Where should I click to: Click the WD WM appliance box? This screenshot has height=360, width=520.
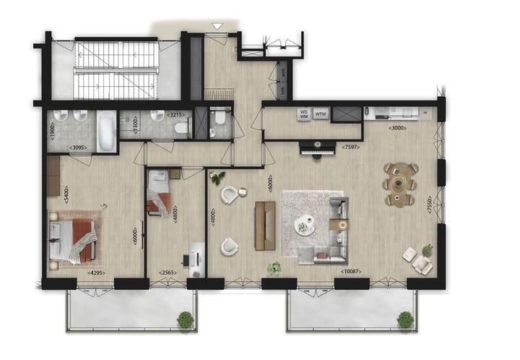pyautogui.click(x=303, y=113)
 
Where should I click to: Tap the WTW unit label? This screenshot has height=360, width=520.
pyautogui.click(x=321, y=113)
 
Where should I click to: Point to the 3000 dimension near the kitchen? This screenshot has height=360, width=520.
pyautogui.click(x=397, y=129)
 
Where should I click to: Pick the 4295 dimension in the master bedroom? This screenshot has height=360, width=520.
pyautogui.click(x=96, y=273)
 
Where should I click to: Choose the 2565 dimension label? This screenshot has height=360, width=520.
pyautogui.click(x=168, y=273)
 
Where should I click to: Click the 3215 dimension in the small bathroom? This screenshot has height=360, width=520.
pyautogui.click(x=175, y=114)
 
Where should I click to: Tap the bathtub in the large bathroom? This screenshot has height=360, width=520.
pyautogui.click(x=106, y=131)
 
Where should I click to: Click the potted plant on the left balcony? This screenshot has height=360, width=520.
pyautogui.click(x=186, y=318)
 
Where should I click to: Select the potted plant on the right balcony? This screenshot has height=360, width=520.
pyautogui.click(x=405, y=318)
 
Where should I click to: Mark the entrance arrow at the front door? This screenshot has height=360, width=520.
pyautogui.click(x=215, y=27)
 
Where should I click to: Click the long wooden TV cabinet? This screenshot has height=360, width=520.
pyautogui.click(x=265, y=225)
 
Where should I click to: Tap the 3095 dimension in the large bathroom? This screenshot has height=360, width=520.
pyautogui.click(x=79, y=148)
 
